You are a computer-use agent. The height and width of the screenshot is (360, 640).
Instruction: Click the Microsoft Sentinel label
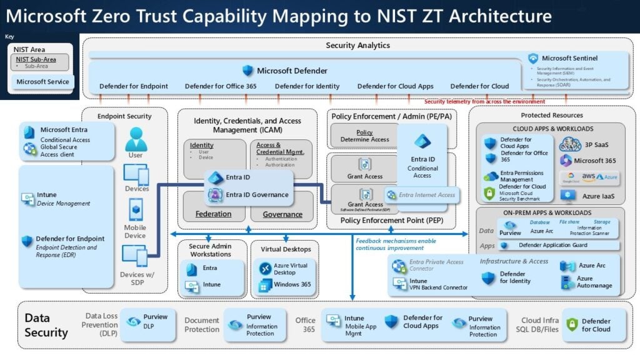pyautogui.click(x=571, y=58)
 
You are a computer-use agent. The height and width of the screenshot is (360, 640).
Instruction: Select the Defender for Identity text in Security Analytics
pyautogui.click(x=307, y=86)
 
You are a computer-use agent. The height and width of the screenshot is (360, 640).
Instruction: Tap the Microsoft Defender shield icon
pyautogui.click(x=248, y=71)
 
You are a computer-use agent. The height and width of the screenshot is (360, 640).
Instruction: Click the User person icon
pyautogui.click(x=136, y=139)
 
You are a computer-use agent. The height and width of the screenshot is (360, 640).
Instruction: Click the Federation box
pyautogui.click(x=213, y=214)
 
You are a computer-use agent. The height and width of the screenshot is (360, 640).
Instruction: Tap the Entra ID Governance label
pyautogui.click(x=257, y=194)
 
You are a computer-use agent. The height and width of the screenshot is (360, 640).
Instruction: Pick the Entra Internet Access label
pyautogui.click(x=427, y=195)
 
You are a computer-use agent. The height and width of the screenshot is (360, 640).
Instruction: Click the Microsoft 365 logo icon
pyautogui.click(x=566, y=161)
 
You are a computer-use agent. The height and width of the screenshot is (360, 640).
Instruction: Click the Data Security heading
pyautogui.click(x=46, y=325)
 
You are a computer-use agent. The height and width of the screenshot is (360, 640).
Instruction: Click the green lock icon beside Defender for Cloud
pyautogui.click(x=571, y=325)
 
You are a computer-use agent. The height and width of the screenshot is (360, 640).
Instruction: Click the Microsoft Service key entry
pyautogui.click(x=43, y=81)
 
